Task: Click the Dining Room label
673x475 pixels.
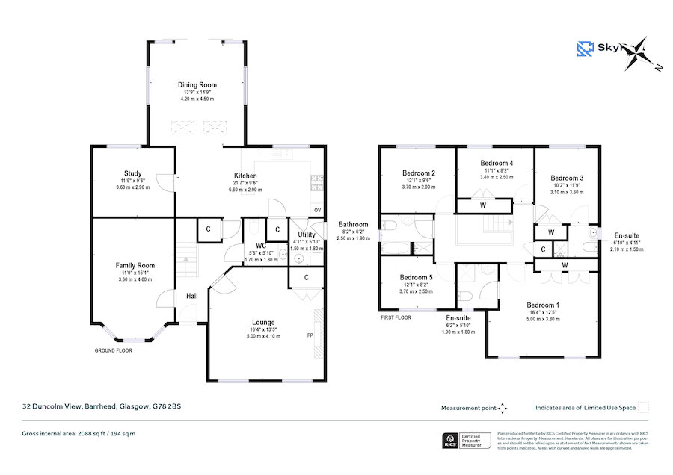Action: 197,85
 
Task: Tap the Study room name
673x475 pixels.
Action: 133,173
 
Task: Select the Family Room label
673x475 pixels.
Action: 135,265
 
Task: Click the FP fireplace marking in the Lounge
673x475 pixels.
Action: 310,335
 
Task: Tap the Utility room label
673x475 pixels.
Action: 304,234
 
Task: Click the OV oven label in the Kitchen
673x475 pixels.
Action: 318,211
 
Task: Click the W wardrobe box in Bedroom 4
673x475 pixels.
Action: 483,205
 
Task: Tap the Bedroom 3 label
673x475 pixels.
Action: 566,178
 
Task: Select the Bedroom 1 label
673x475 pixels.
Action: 542,305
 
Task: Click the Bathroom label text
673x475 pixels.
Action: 353,224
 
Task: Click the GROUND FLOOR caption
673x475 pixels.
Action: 114,350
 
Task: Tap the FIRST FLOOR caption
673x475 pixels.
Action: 396,317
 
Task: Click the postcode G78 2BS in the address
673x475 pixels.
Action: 165,406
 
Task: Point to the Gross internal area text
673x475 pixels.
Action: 79,434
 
